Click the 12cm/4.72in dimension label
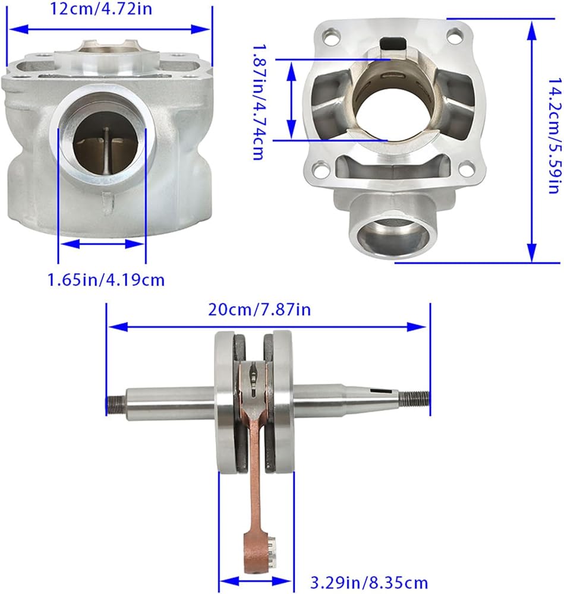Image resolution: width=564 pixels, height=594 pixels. (101, 8)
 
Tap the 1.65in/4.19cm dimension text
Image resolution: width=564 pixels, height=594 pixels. (106, 280)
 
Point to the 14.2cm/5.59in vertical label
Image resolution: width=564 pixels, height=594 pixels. (554, 136)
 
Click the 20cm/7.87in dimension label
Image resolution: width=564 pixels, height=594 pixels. (260, 309)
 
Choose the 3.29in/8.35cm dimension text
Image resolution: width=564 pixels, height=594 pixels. (369, 582)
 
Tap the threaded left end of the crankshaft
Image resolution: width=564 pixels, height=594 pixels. (116, 405)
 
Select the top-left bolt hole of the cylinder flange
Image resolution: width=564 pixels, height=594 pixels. (330, 37)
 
